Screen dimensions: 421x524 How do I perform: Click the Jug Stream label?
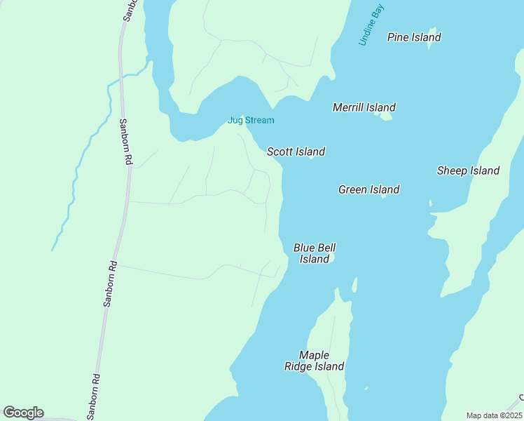click(251, 120)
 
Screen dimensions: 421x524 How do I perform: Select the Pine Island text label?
click(414, 36)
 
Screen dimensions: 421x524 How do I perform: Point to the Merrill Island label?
click(364, 107)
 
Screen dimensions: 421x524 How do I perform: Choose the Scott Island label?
click(296, 152)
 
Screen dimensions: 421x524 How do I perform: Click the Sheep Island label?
click(468, 171)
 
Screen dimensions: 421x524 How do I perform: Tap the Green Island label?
click(368, 189)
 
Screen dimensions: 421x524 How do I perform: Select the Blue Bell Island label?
click(315, 253)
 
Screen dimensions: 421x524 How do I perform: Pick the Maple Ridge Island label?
click(314, 361)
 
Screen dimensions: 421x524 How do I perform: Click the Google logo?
click(23, 413)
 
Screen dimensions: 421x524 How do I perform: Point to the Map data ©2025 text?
click(494, 415)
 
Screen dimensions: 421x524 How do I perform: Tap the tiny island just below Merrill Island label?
click(385, 116)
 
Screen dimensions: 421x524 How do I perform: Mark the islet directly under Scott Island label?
click(311, 158)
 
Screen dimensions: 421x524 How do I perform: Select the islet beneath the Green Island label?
click(383, 196)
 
